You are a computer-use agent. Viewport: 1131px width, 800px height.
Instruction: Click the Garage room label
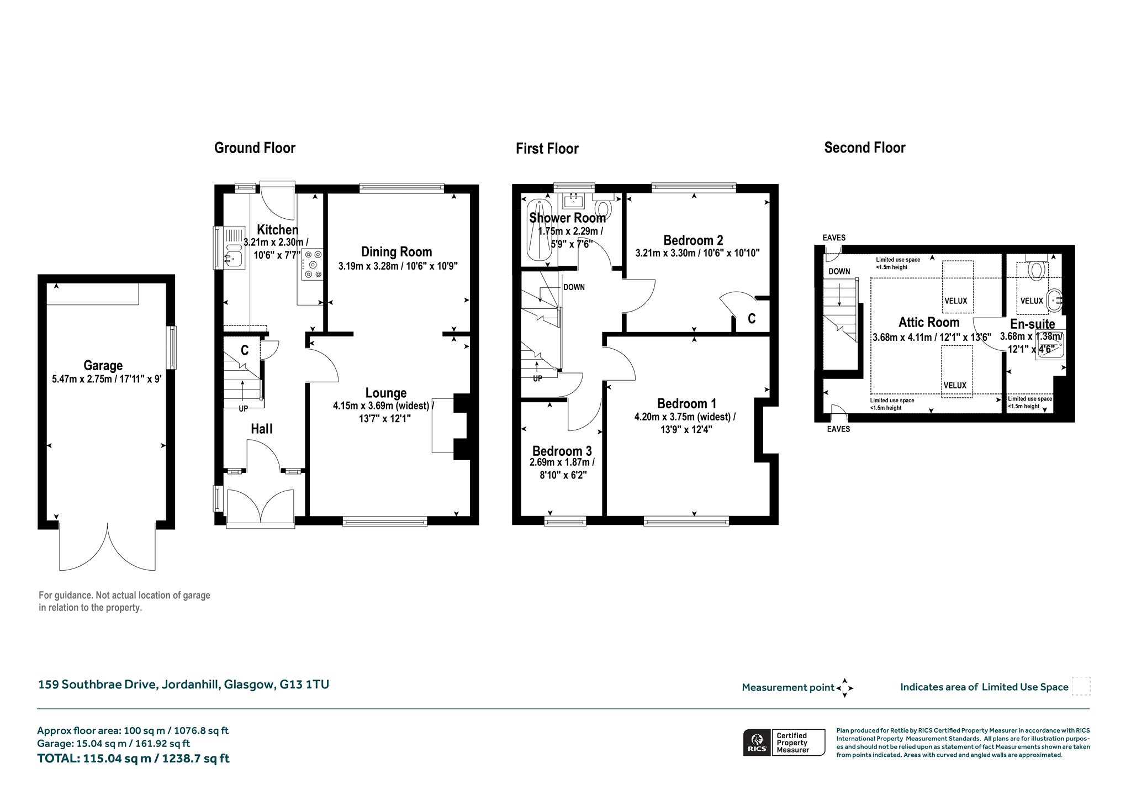click(x=103, y=365)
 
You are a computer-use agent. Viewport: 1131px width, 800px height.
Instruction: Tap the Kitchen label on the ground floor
click(x=278, y=230)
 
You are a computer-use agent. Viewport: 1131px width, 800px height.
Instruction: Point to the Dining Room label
click(x=397, y=252)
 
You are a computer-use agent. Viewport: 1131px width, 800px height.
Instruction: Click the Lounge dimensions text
click(x=383, y=412)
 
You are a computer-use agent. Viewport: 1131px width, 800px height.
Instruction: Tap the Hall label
click(x=262, y=429)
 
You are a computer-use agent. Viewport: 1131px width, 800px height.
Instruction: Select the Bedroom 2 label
click(x=693, y=240)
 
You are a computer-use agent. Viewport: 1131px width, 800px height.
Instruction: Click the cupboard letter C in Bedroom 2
click(x=751, y=319)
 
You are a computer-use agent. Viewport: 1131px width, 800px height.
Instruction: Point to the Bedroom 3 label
click(x=562, y=451)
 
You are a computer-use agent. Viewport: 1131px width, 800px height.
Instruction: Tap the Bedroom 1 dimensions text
click(x=685, y=423)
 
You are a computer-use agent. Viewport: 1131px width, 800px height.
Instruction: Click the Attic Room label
click(x=929, y=322)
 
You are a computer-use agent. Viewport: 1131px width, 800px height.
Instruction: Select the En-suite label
click(x=1032, y=324)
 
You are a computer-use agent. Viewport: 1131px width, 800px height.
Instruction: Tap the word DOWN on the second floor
click(x=839, y=271)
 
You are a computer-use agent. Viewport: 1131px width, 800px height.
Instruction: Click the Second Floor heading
click(x=865, y=148)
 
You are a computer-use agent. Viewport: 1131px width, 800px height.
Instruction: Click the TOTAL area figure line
click(x=133, y=758)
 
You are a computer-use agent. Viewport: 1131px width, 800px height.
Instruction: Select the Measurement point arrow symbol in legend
click(x=844, y=688)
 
